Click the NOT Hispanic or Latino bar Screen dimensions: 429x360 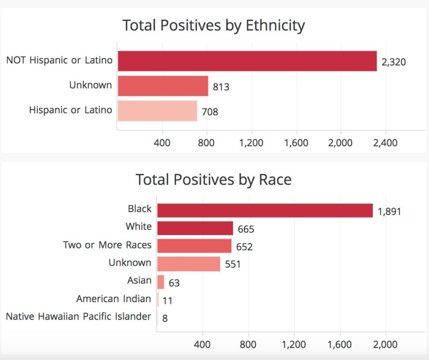point(247,61)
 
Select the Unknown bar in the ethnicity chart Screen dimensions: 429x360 point(163,86)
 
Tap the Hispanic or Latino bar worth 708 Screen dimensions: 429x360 point(158,111)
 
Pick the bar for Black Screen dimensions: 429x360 point(265,210)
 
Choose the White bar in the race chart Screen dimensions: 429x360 point(195,228)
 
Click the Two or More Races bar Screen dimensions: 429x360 point(194,246)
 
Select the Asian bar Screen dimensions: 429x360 point(160,282)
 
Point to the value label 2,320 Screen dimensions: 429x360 point(394,62)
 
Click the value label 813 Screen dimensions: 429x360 point(221,87)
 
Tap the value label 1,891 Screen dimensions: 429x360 point(389,212)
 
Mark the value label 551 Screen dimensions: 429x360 point(233,264)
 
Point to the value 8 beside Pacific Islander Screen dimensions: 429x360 point(165,318)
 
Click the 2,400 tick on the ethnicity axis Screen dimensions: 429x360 point(385,142)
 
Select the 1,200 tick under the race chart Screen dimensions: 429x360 point(294,344)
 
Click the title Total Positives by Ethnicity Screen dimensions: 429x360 point(214,26)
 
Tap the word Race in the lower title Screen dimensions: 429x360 point(275,180)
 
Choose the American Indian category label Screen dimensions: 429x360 point(114,298)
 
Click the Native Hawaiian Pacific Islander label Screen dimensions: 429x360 point(78,316)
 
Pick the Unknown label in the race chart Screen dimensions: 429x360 point(130,262)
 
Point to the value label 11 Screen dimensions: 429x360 point(168,300)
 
